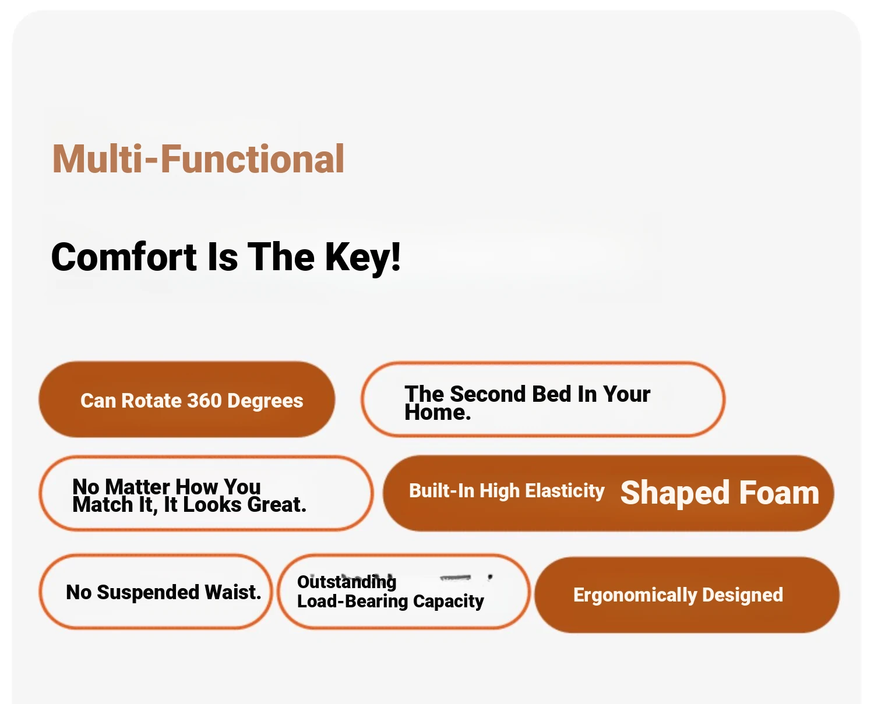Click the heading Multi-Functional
[198, 159]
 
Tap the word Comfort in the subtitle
[124, 257]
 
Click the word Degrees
[265, 401]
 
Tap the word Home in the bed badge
[435, 412]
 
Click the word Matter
[138, 486]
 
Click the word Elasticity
[565, 491]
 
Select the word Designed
[742, 595]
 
